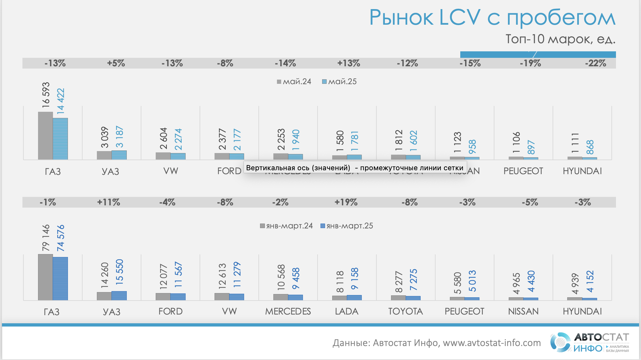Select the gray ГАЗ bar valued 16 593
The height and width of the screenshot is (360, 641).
pos(45,136)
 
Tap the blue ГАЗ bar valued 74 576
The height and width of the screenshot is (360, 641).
pos(60,278)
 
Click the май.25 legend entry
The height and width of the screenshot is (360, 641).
pos(339,82)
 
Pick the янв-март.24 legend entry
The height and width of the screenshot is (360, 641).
pos(286,226)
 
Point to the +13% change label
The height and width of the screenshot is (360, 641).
pos(348,63)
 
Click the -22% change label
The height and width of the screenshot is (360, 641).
pos(595,63)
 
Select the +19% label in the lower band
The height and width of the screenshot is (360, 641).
pos(346,202)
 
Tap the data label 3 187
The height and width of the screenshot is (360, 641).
pos(119,137)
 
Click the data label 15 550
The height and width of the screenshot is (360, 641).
pos(119,272)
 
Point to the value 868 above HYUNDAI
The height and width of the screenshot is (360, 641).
pos(590,147)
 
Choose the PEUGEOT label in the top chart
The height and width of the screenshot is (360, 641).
pos(523,171)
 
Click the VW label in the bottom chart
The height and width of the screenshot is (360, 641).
pos(229,311)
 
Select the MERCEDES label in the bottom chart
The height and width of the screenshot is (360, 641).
pos(288,311)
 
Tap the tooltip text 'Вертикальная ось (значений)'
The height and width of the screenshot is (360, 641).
pos(298,168)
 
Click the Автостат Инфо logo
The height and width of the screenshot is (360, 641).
pos(589,342)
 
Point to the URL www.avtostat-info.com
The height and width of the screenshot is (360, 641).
pos(491,343)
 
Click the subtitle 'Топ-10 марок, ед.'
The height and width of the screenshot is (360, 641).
pos(560,39)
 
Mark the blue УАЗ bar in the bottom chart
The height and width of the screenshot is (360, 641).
pos(119,296)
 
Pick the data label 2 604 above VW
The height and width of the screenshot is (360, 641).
pos(164,138)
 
